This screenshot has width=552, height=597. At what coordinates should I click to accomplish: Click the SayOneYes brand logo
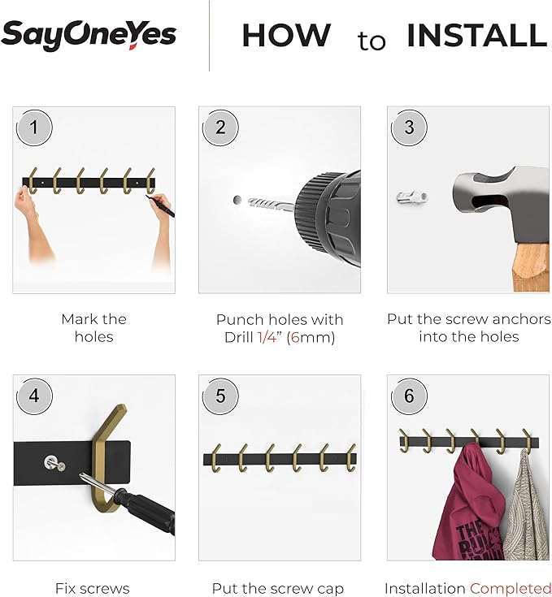point(89,35)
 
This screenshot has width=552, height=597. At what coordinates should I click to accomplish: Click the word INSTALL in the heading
point(477,36)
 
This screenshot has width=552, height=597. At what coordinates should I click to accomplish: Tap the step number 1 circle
point(34,128)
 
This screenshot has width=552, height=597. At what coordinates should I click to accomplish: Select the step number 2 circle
point(220,128)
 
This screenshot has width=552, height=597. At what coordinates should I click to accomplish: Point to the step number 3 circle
point(409,128)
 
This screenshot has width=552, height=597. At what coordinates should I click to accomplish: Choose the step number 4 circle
point(34,396)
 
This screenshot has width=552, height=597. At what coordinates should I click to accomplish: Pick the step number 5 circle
point(220,396)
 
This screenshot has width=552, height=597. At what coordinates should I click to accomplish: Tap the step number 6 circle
point(409,396)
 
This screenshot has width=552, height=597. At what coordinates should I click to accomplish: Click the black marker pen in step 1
point(160,206)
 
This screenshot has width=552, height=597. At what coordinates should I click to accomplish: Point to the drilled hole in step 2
point(237,200)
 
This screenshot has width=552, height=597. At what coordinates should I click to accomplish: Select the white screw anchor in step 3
point(411,197)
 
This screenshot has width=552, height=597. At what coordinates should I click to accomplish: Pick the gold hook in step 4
point(109,456)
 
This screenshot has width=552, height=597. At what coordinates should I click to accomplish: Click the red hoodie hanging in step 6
point(469,503)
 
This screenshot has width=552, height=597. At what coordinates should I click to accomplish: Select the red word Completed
point(511,589)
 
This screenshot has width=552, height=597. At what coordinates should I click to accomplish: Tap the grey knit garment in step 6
point(527,506)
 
